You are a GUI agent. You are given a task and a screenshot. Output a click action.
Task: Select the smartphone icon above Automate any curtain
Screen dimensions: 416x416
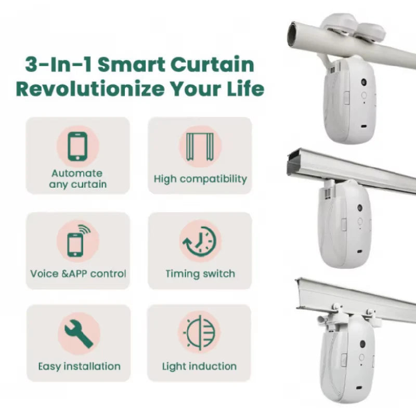77,146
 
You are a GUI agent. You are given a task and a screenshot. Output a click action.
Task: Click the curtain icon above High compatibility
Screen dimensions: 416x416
200,146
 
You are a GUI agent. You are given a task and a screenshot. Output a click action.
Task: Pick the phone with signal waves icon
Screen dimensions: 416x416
77,241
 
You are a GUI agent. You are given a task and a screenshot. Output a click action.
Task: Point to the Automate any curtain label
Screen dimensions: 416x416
77,178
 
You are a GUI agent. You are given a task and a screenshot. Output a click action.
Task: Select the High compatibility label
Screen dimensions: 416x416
200,179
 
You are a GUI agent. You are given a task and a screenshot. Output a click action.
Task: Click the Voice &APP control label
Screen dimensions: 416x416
78,274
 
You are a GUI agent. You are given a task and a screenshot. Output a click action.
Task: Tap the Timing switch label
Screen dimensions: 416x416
200,274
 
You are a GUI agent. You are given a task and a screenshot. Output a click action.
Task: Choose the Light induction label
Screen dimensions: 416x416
199,366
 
